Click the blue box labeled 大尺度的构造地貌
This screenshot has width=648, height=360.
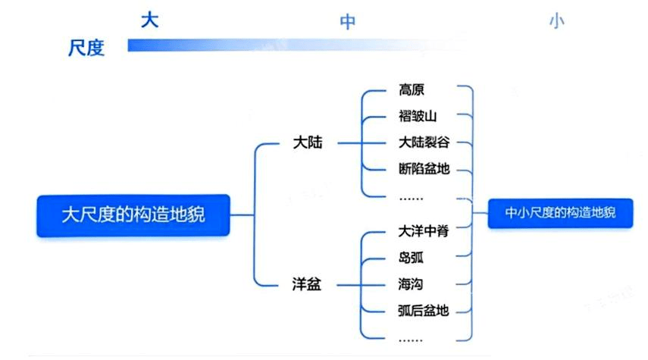click(133, 215)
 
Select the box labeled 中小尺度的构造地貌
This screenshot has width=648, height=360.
click(560, 214)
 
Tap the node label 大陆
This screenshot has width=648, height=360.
click(307, 143)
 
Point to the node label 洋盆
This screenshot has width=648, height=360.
click(307, 285)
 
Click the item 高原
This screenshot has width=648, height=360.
click(412, 90)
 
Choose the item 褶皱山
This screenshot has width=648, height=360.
click(418, 116)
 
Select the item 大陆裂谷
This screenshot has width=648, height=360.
click(423, 142)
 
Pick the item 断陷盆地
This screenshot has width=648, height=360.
click(424, 168)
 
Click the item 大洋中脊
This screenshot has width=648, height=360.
click(423, 231)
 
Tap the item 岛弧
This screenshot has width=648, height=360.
click(411, 258)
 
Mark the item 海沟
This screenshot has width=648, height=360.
click(411, 284)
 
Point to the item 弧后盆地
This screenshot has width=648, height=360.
click(423, 310)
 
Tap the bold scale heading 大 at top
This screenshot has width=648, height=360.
click(150, 20)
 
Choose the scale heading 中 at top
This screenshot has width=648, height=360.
click(347, 22)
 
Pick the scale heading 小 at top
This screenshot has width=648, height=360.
click(557, 22)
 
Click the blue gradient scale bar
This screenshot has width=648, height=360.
click(296, 45)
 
